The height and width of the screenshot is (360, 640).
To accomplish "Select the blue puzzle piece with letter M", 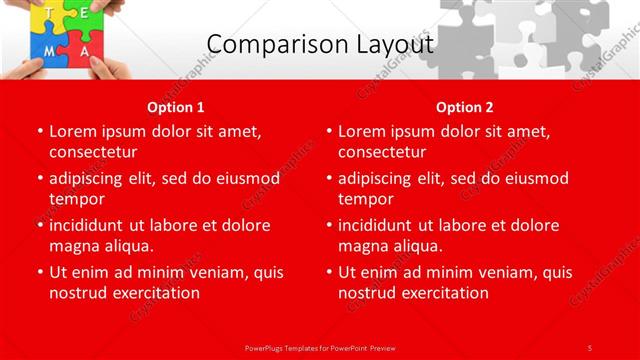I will (46, 50).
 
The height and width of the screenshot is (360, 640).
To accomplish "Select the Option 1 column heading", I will (176, 107).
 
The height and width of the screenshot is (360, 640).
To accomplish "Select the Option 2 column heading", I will (465, 107).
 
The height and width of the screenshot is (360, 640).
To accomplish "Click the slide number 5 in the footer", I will (590, 347).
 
